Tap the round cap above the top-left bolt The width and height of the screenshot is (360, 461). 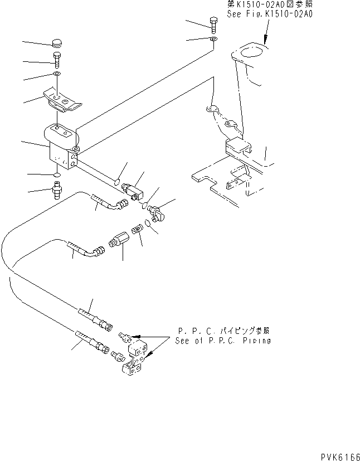[x=57, y=43]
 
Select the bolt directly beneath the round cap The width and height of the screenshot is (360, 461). [x=57, y=58]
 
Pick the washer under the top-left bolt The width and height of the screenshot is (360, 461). [x=57, y=74]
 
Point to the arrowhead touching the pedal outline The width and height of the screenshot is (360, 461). [x=266, y=41]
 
